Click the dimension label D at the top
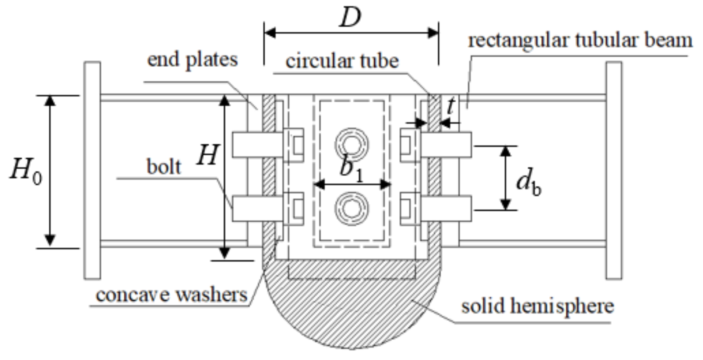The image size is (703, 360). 350,17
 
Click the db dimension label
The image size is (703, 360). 529,182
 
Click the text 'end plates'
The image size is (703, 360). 192,60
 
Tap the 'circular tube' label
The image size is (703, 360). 342,61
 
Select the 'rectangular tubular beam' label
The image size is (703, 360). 580,40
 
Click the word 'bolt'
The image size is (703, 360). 164,167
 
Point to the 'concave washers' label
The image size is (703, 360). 172,295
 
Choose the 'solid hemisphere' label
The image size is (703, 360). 537,306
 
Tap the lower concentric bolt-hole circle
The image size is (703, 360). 351,208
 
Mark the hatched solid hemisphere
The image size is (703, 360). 351,309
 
